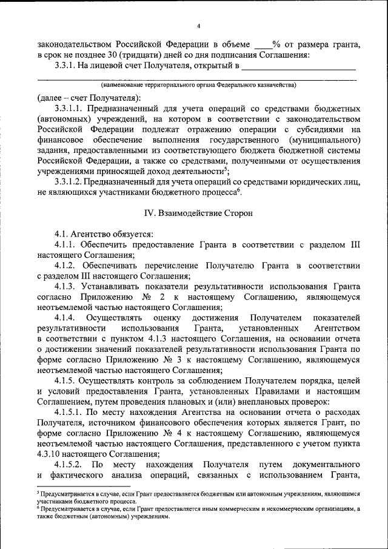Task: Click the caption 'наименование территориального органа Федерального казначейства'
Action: [x=198, y=86]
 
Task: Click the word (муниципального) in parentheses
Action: [x=328, y=140]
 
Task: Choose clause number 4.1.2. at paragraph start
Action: [x=65, y=266]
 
